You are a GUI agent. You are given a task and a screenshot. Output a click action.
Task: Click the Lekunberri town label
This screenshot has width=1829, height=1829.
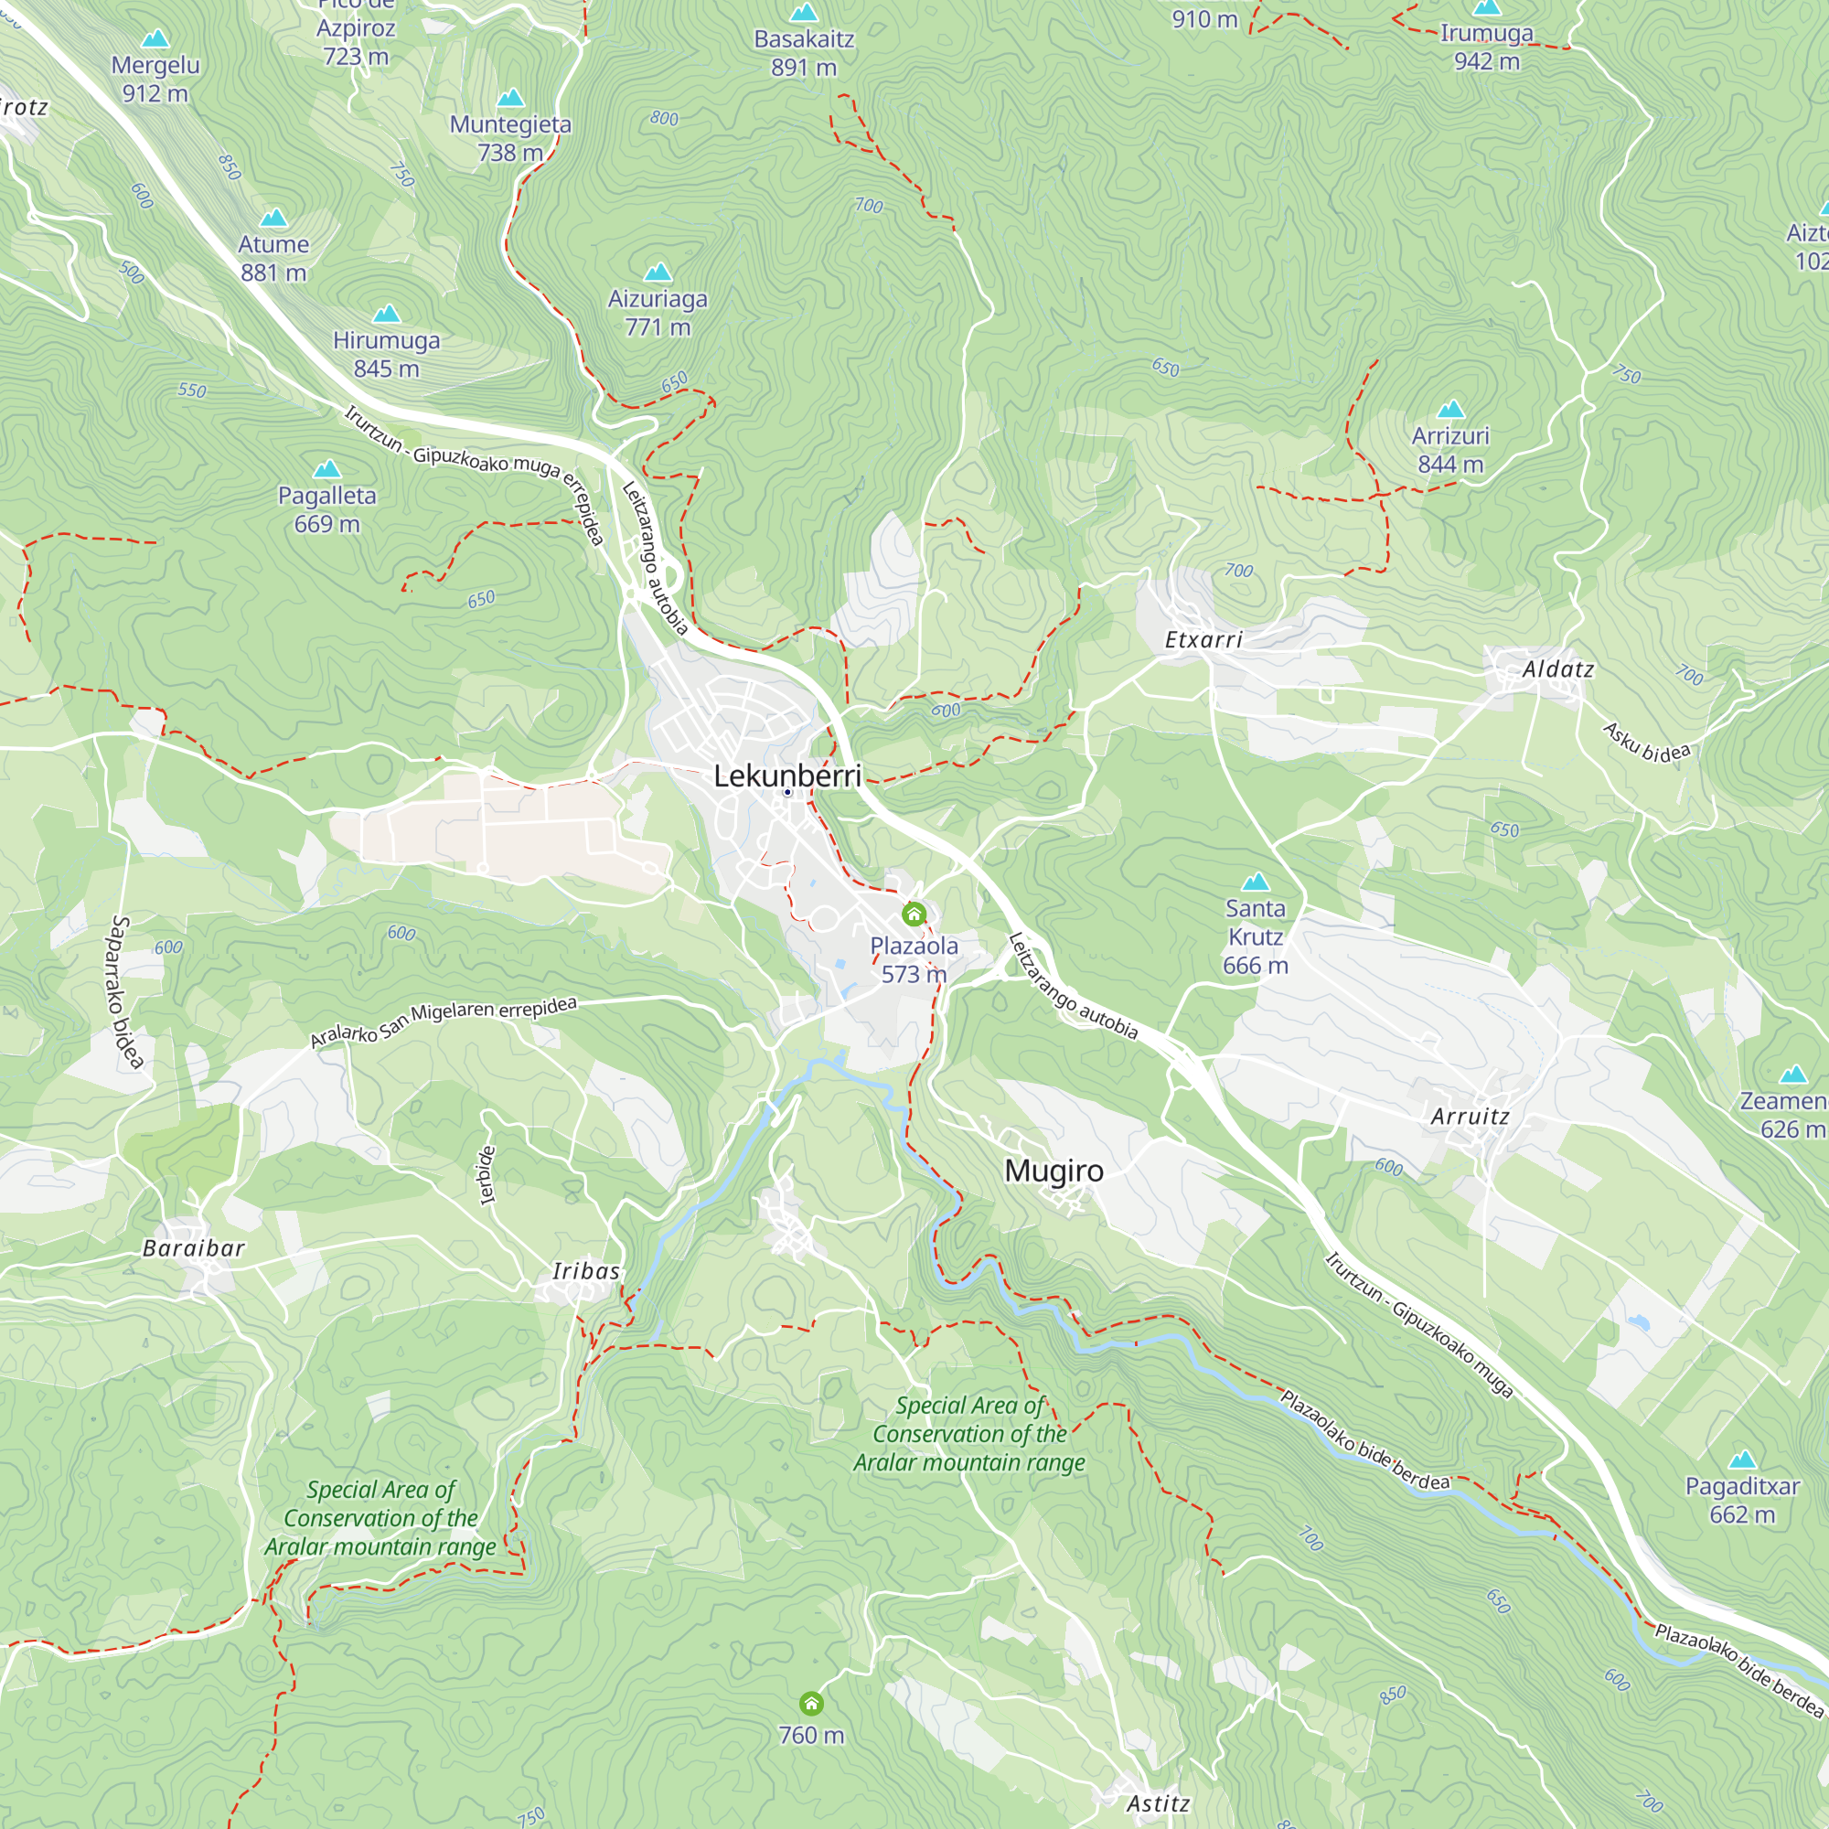click(786, 776)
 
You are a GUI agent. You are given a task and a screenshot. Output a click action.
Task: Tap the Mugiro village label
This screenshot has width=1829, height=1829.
click(1054, 1171)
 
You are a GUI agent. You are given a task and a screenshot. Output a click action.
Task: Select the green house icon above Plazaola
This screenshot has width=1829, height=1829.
click(914, 914)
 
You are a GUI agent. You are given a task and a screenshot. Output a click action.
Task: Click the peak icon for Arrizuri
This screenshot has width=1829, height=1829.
click(1450, 410)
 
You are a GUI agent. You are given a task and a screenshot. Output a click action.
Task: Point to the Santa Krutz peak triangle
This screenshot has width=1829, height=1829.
click(1256, 882)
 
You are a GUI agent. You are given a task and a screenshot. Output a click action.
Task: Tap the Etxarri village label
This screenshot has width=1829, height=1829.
click(1203, 640)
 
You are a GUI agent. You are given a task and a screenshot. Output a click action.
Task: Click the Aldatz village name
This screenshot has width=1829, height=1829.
click(1558, 669)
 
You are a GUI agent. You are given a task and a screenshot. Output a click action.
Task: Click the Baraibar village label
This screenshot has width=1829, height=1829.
click(194, 1247)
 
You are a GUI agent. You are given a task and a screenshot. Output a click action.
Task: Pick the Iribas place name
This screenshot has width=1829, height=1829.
click(586, 1270)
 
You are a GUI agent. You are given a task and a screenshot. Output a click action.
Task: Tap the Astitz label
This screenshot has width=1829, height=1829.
click(1158, 1803)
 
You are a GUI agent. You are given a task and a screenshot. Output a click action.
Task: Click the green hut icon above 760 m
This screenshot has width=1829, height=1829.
click(811, 1704)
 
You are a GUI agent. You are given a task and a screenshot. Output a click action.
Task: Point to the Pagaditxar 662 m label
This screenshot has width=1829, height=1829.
click(1742, 1500)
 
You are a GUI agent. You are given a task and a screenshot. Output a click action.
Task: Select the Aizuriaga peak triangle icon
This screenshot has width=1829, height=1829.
click(657, 273)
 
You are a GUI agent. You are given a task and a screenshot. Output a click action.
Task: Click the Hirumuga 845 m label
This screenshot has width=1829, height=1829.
click(386, 354)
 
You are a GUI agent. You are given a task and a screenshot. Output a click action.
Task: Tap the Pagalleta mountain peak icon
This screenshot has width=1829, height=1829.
click(326, 468)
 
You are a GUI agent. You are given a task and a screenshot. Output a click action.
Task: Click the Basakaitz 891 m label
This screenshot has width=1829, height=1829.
click(804, 53)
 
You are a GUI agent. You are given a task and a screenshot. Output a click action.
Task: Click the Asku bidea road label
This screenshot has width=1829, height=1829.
click(1646, 743)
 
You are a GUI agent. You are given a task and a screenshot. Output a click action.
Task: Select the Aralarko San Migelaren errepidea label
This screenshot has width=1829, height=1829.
click(443, 1021)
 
